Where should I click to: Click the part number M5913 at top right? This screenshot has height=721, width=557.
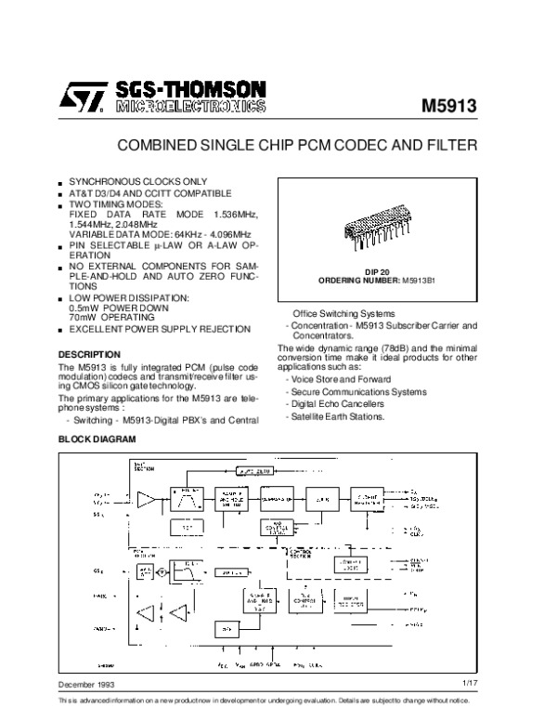(x=448, y=105)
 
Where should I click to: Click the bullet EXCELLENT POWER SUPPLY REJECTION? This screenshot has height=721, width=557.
(x=160, y=329)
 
